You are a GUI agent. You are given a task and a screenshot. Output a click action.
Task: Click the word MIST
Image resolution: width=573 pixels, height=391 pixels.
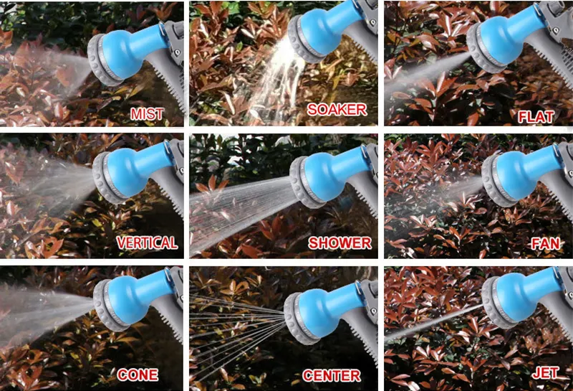click(147, 114)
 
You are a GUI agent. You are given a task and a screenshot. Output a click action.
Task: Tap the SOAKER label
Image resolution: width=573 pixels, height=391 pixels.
click(337, 110)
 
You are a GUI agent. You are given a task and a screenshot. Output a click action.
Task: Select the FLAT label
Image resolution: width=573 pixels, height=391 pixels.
click(536, 117)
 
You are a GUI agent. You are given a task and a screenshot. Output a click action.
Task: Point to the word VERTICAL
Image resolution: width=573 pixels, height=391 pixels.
click(147, 242)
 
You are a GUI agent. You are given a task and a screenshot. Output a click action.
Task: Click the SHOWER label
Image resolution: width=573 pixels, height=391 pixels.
click(340, 243)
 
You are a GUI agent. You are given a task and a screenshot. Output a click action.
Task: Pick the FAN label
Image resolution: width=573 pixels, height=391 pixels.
click(546, 244)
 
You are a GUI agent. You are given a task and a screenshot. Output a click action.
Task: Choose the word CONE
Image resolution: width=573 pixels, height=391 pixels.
click(138, 375)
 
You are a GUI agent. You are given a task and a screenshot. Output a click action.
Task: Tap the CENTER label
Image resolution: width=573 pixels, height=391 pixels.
click(332, 376)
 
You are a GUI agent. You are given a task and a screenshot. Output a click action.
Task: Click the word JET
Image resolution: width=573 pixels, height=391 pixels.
click(545, 373)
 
